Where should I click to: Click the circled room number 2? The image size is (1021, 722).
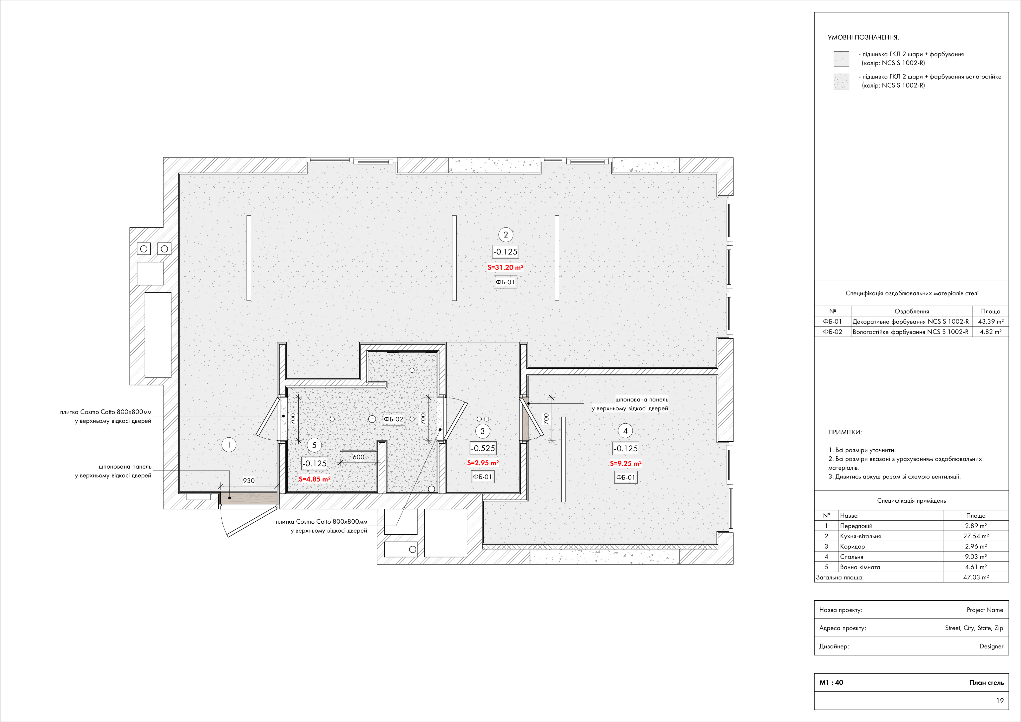506,235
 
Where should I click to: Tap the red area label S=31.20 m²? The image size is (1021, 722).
505,268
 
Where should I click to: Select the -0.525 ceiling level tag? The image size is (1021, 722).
483,448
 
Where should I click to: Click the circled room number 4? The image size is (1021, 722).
625,431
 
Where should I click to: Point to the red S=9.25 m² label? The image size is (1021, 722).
626,463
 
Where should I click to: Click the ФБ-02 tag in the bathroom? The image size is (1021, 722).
394,419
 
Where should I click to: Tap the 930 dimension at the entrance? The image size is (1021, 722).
249,481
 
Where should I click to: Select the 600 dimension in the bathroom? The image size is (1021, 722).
358,457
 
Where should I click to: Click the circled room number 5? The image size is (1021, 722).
314,445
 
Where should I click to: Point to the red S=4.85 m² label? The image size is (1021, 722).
314,479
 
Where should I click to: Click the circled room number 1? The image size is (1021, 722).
229,445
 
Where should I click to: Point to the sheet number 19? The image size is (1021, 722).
1000,701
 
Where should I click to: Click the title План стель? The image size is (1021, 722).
987,682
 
